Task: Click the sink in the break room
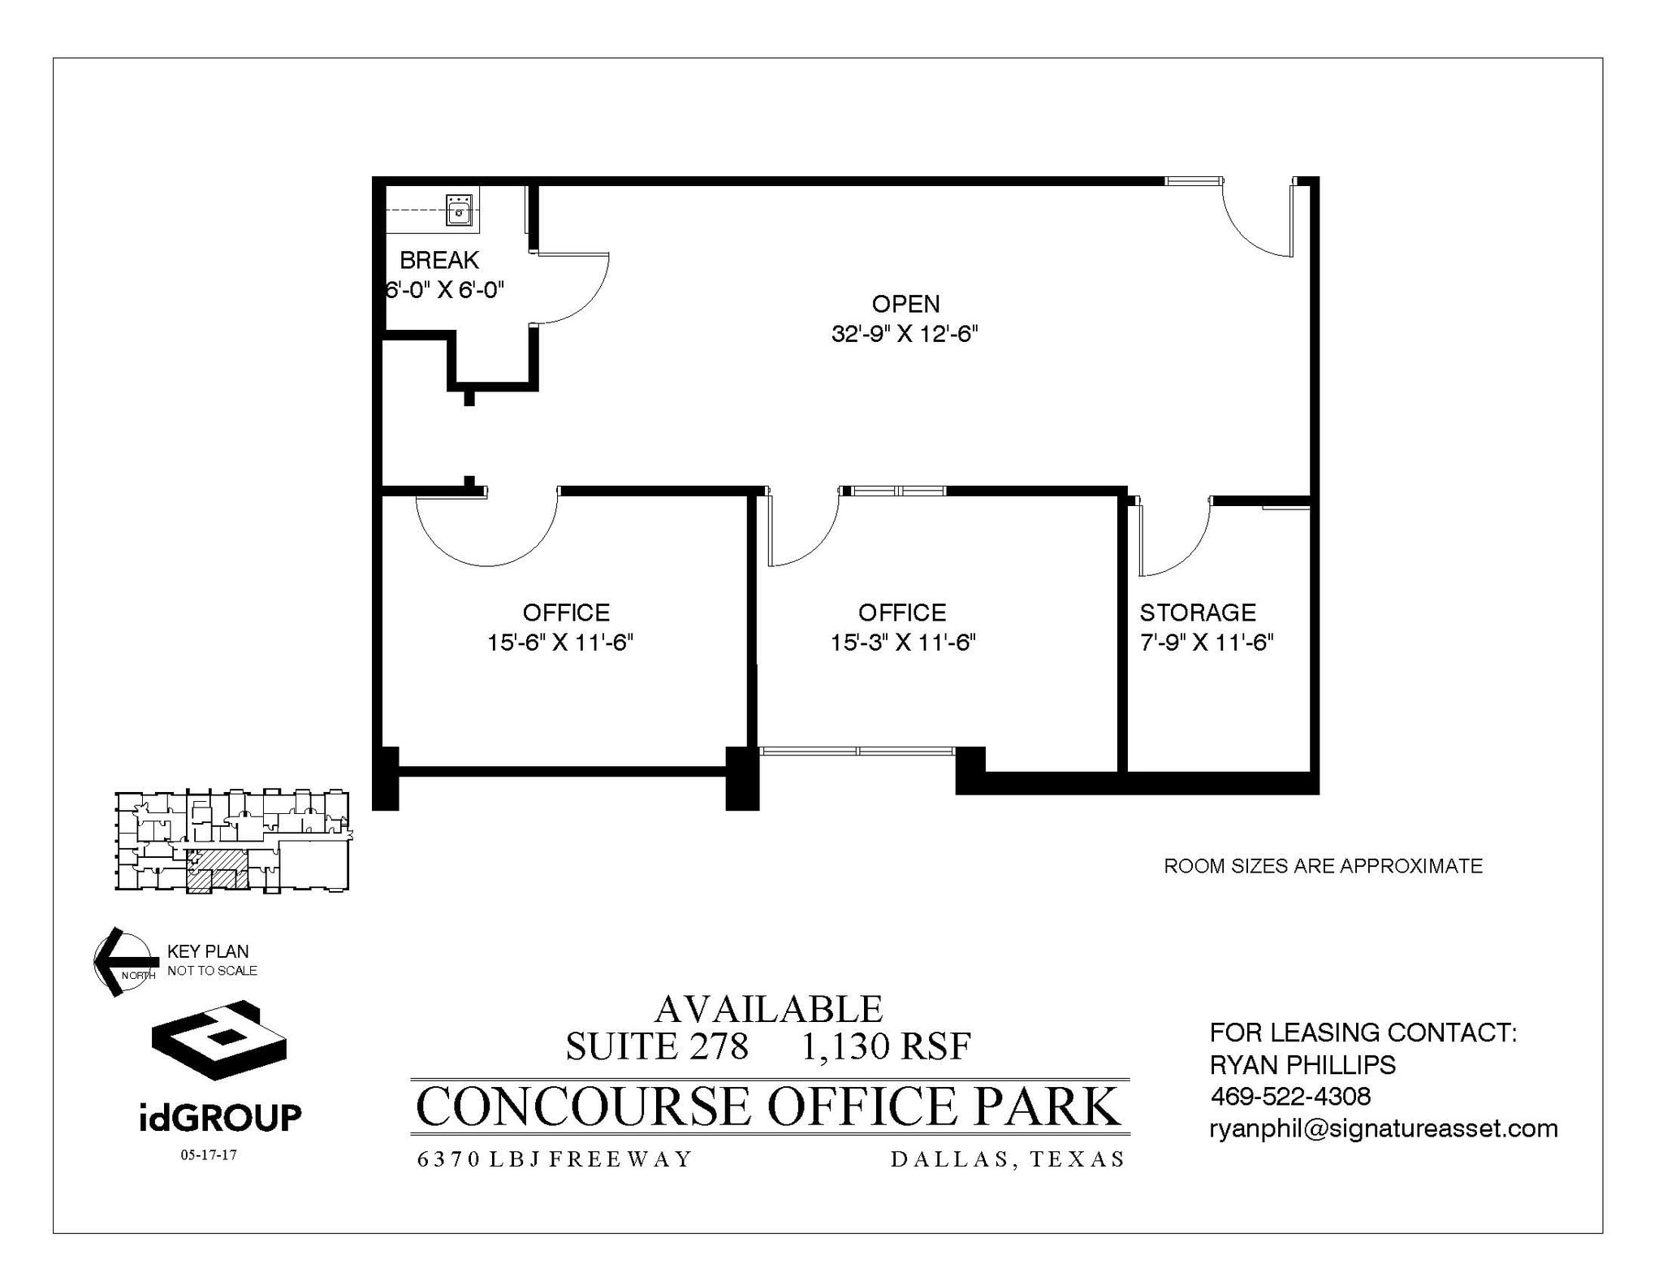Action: point(460,210)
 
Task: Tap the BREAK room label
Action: point(438,260)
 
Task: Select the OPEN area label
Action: point(905,304)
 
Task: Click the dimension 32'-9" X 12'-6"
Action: point(905,334)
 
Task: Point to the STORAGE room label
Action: point(1197,613)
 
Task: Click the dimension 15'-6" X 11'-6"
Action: point(559,643)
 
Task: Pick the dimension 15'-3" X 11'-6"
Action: point(902,643)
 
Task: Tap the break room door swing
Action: point(572,288)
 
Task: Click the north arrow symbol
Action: point(122,961)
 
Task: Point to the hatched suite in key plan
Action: point(216,870)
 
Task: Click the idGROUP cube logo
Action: point(218,1040)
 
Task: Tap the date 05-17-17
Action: point(209,1154)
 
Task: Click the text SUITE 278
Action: point(656,1046)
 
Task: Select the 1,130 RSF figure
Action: point(886,1046)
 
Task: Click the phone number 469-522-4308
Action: point(1290,1097)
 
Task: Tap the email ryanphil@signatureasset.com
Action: point(1383,1128)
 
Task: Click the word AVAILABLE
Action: point(768,1010)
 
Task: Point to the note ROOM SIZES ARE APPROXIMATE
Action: point(1323,866)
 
